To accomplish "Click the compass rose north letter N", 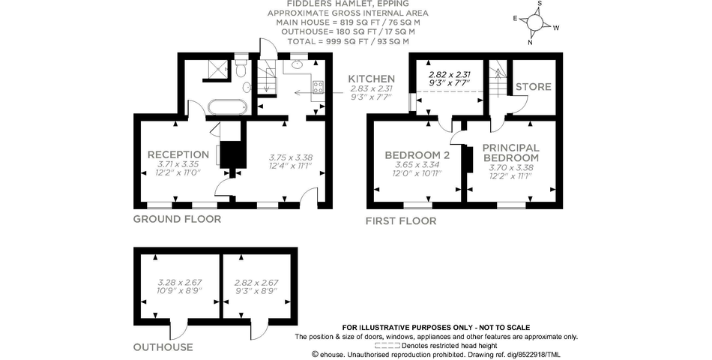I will coord(531,42).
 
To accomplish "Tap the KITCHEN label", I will coord(371,79).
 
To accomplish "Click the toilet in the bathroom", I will coord(240,70).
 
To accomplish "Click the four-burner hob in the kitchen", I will coord(318,86).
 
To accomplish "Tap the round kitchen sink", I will coord(297,65).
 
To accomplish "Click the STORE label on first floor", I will coord(533,87).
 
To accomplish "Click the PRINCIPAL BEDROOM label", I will coord(510,153).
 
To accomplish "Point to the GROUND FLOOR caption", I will coord(177,220).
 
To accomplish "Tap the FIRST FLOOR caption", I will coord(400,221).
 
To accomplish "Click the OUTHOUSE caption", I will coord(163,347).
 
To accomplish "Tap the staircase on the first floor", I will coord(497,79).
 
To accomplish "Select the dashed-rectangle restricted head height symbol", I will coord(387,346).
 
